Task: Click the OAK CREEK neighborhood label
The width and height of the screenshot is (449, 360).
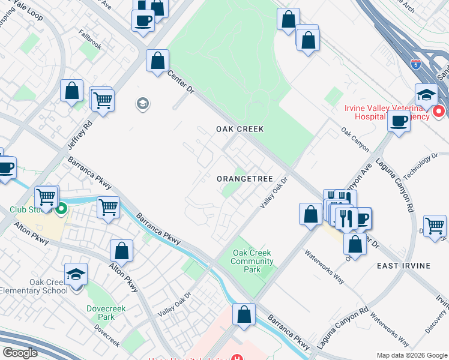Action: point(240,129)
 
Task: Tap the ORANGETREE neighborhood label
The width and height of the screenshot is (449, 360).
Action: point(245,179)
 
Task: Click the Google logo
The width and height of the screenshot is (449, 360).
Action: point(20,353)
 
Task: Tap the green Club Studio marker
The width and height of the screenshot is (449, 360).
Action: point(61,210)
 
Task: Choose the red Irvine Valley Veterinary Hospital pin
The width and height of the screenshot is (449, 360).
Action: point(439,111)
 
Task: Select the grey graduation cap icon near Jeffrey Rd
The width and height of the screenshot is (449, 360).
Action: point(143,105)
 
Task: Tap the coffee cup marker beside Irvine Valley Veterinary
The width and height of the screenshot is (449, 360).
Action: point(399,121)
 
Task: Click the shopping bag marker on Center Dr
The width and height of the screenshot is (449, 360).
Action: point(157,61)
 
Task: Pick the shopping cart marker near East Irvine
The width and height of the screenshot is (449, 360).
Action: point(435,226)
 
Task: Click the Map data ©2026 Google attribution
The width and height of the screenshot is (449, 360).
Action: point(412,355)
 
